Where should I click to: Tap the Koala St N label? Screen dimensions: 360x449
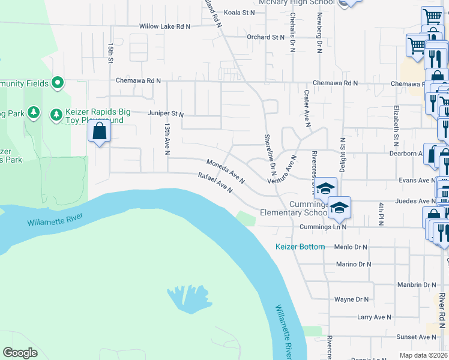pos(240,12)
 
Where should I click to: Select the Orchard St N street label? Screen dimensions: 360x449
pos(265,37)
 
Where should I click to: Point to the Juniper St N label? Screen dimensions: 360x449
pos(166,113)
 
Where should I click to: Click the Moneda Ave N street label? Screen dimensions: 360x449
pos(225,170)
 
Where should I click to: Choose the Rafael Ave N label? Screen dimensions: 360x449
pos(215,182)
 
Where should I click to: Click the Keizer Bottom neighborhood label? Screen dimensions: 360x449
pos(300,247)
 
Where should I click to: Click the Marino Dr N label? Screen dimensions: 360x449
pos(354,264)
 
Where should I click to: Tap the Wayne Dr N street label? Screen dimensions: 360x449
pos(351,299)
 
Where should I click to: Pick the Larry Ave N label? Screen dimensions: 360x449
pos(373,317)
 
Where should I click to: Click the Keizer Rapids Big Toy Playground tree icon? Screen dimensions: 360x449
pos(56,113)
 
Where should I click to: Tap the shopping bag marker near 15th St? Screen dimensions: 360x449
pos(99,131)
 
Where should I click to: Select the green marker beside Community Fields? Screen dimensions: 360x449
pos(58,82)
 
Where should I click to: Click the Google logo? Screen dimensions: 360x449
pos(20,353)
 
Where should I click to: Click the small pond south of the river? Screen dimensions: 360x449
pos(189,299)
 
